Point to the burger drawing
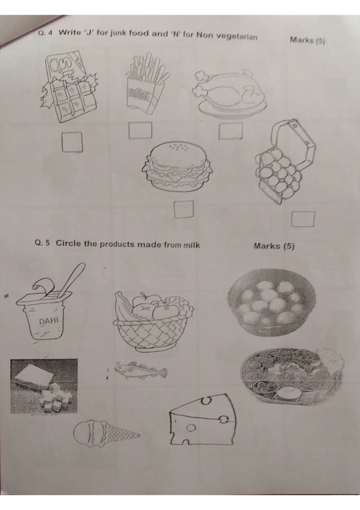(x=178, y=167)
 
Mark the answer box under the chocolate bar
(x=72, y=142)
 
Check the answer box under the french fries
(x=141, y=129)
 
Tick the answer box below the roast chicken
(x=230, y=130)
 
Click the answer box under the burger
(x=183, y=209)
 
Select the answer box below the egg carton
(x=302, y=219)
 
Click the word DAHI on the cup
(x=49, y=321)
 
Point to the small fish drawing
(x=141, y=370)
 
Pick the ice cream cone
(x=106, y=433)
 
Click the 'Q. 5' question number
(x=42, y=244)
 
